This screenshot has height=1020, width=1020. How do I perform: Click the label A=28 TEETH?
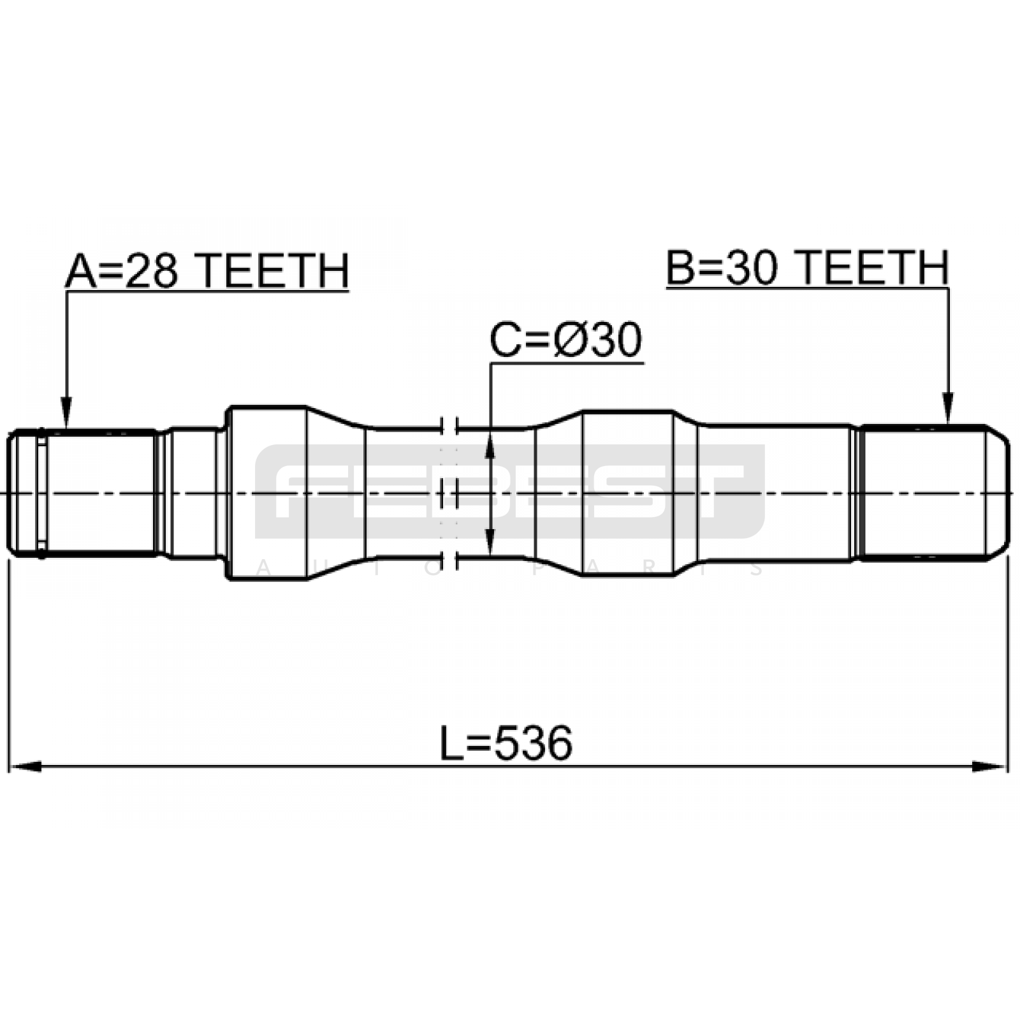[207, 271]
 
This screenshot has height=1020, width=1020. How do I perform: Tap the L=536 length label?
[506, 743]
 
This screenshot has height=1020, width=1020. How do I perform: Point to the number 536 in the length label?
[533, 743]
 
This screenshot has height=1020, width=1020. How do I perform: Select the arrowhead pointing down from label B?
[948, 408]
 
